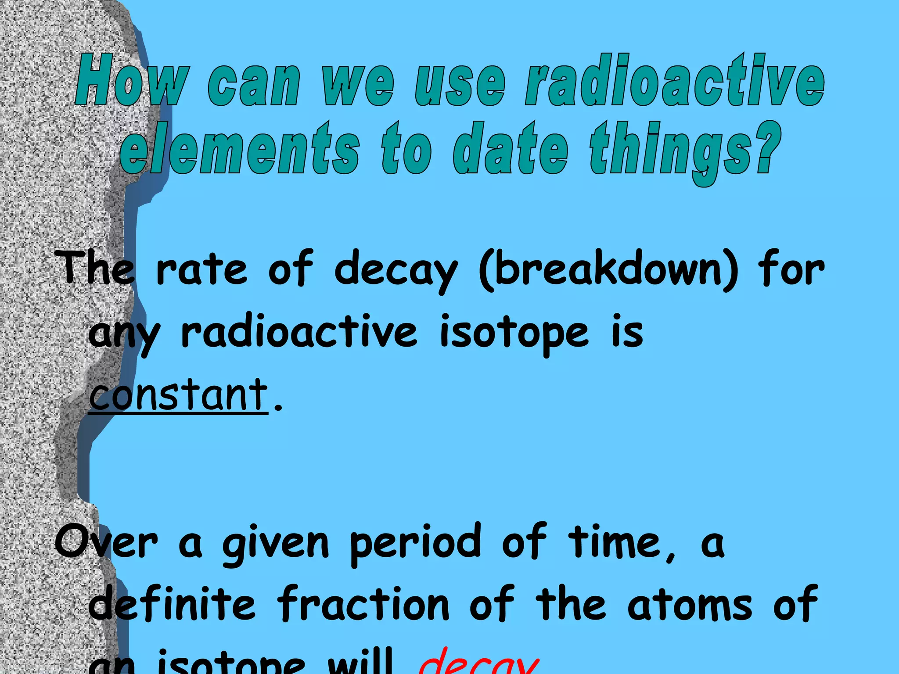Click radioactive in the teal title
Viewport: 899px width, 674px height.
pyautogui.click(x=674, y=80)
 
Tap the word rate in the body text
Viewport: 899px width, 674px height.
pyautogui.click(x=201, y=270)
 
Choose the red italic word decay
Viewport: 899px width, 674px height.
pyautogui.click(x=478, y=663)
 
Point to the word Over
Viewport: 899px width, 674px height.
pyautogui.click(x=106, y=542)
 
